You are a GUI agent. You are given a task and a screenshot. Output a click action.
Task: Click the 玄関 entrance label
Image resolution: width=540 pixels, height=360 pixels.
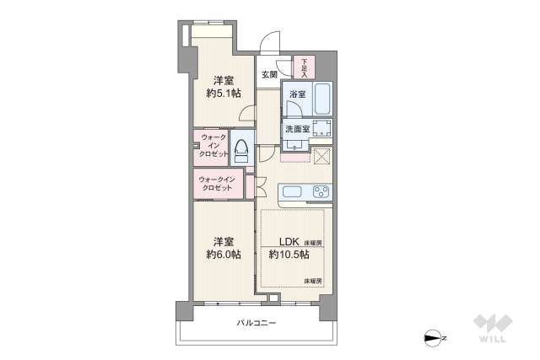269,75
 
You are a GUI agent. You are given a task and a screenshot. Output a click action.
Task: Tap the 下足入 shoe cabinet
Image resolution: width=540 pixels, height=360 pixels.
303,67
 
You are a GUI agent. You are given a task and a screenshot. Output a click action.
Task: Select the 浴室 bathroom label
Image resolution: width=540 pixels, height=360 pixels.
297,95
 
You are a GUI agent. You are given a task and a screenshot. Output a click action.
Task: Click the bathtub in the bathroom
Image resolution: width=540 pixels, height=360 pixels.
321,99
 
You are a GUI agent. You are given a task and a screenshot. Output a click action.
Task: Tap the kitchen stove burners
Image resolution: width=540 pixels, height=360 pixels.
321,192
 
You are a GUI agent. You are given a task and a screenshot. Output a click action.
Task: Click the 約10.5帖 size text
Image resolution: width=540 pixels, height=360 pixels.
289,255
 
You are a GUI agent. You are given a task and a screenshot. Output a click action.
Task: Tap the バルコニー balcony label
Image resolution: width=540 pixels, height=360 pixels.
256,323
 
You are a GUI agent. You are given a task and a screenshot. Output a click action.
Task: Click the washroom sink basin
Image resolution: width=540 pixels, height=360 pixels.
321,129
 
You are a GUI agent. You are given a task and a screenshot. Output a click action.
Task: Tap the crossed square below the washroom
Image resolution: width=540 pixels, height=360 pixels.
321,156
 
